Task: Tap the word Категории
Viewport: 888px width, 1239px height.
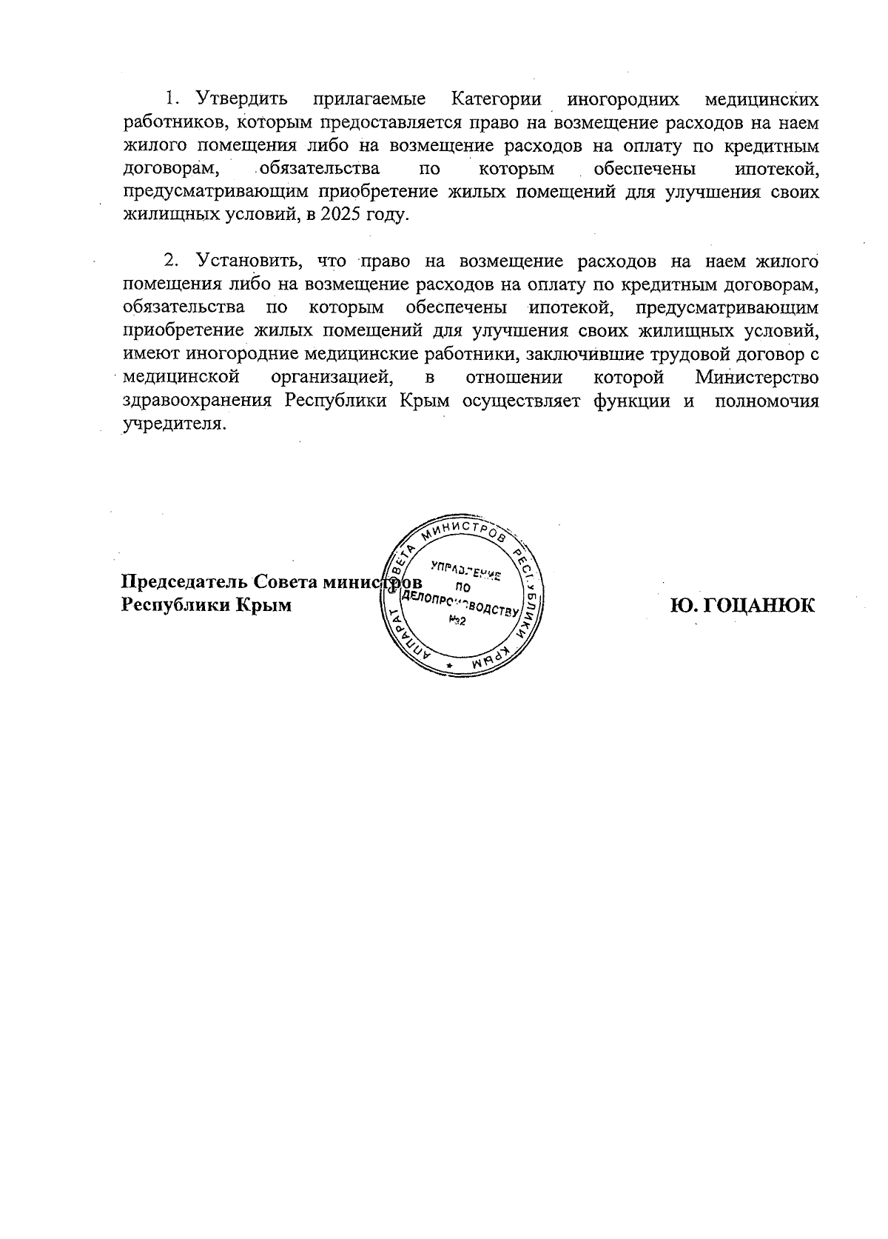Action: [x=495, y=99]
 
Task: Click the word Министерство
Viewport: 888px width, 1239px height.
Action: [x=757, y=378]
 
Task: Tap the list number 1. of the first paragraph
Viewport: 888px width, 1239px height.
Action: [x=172, y=99]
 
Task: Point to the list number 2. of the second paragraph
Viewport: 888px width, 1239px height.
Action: [x=172, y=261]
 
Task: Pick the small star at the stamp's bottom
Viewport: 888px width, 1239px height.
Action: [x=448, y=667]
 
